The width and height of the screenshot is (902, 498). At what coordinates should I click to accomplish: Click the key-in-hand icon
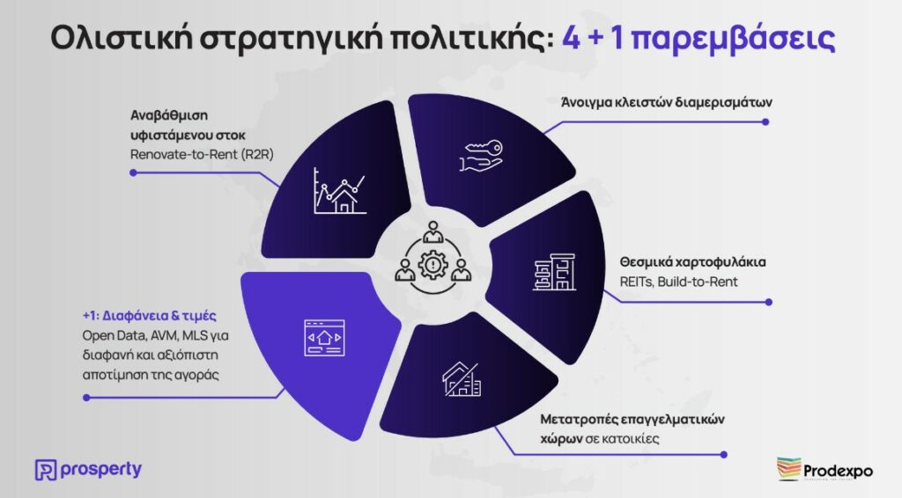click(482, 156)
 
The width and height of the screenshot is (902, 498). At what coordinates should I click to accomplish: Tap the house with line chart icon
click(339, 191)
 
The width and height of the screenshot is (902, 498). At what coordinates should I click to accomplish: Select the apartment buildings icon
click(554, 272)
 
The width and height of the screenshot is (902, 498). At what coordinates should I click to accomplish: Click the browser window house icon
click(324, 338)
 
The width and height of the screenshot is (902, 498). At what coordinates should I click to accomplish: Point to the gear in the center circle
click(433, 265)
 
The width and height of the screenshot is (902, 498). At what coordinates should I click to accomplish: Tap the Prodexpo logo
click(824, 469)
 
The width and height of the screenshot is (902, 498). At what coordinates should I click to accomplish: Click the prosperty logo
click(88, 469)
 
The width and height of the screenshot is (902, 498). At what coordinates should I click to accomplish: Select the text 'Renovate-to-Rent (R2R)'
click(202, 155)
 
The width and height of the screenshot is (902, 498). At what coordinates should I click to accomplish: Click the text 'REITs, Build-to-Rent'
click(679, 282)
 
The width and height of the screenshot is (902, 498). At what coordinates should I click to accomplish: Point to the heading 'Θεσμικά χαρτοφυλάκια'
click(692, 262)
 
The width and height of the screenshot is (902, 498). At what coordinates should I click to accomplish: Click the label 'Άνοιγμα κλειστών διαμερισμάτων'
click(666, 103)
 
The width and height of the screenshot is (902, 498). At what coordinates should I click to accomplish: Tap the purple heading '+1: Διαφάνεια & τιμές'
click(150, 316)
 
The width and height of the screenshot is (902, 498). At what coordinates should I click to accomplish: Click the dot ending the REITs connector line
click(769, 302)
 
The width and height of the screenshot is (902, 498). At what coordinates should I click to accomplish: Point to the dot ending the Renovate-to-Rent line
click(134, 172)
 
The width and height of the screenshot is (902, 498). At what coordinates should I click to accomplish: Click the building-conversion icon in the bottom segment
click(462, 379)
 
